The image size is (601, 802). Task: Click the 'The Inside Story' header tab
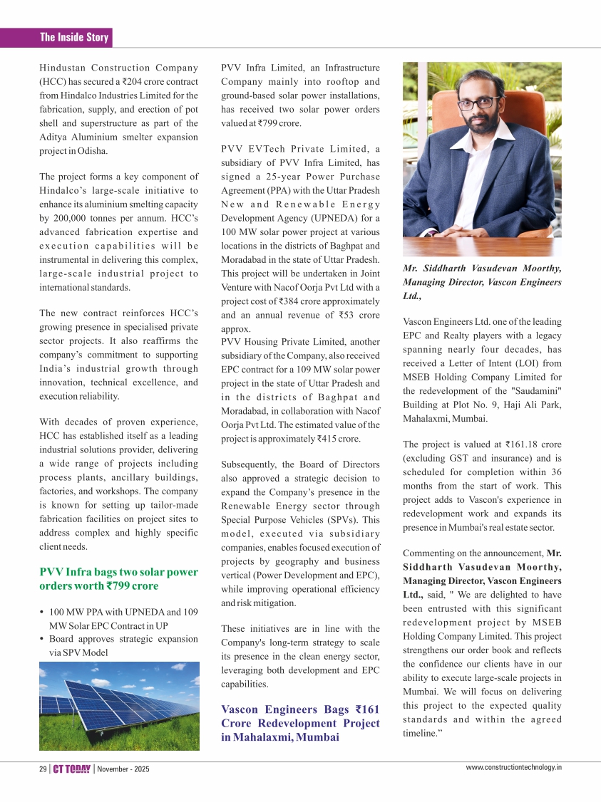pos(73,38)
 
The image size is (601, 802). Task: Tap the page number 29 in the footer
pos(43,769)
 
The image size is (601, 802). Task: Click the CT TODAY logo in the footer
pos(73,769)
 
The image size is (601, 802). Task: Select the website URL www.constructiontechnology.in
pos(514,767)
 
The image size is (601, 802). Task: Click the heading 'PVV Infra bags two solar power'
pos(118,572)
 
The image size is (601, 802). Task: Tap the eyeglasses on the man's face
pos(478,102)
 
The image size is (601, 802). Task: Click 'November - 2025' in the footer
pos(123,769)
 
